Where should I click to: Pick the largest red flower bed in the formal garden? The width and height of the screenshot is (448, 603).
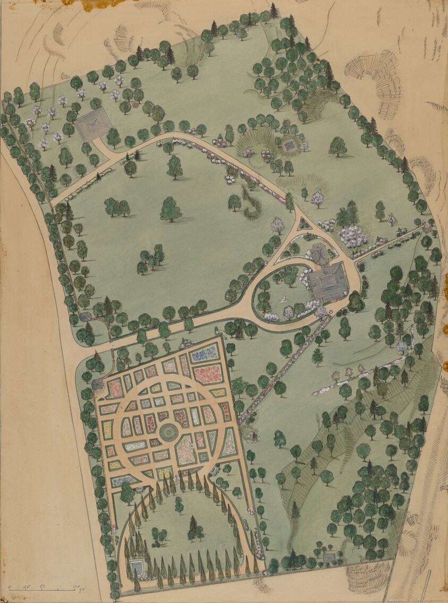[x=208, y=373]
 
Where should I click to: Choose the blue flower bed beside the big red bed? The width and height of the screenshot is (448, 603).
[x=205, y=353]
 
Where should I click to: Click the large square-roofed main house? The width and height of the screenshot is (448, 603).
[x=328, y=283]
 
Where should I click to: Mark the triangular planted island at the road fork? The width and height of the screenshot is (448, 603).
[x=304, y=224]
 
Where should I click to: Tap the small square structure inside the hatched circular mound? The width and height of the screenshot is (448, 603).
[x=290, y=145]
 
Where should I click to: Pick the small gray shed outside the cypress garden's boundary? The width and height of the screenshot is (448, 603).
[x=329, y=558]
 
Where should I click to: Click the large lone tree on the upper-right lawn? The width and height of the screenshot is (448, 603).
[x=337, y=146]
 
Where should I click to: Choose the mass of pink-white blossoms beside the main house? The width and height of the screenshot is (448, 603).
[x=353, y=236]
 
